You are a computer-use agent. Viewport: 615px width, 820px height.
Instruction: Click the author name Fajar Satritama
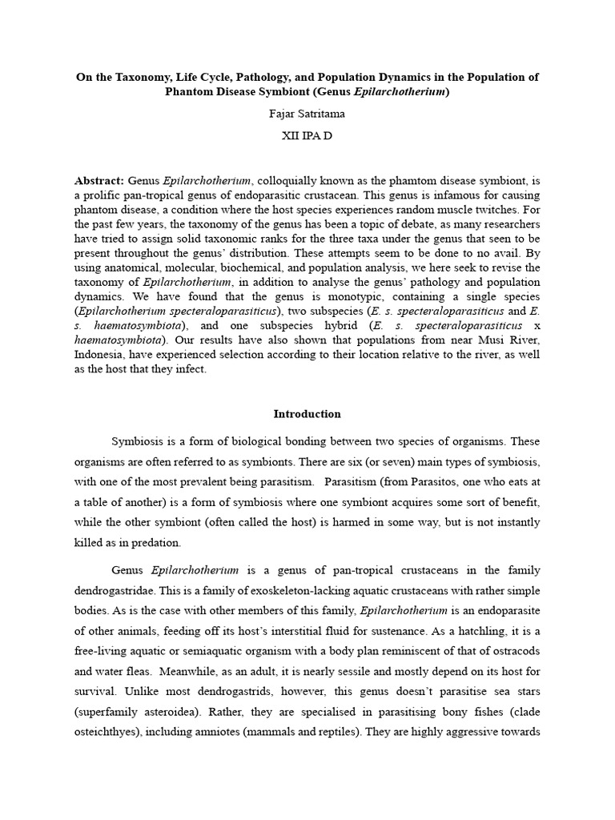[x=307, y=114]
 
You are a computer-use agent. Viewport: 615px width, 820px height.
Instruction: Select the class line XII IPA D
[x=307, y=136]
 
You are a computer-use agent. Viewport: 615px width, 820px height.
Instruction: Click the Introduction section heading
[x=307, y=414]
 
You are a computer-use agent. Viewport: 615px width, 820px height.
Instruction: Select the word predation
[x=157, y=542]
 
